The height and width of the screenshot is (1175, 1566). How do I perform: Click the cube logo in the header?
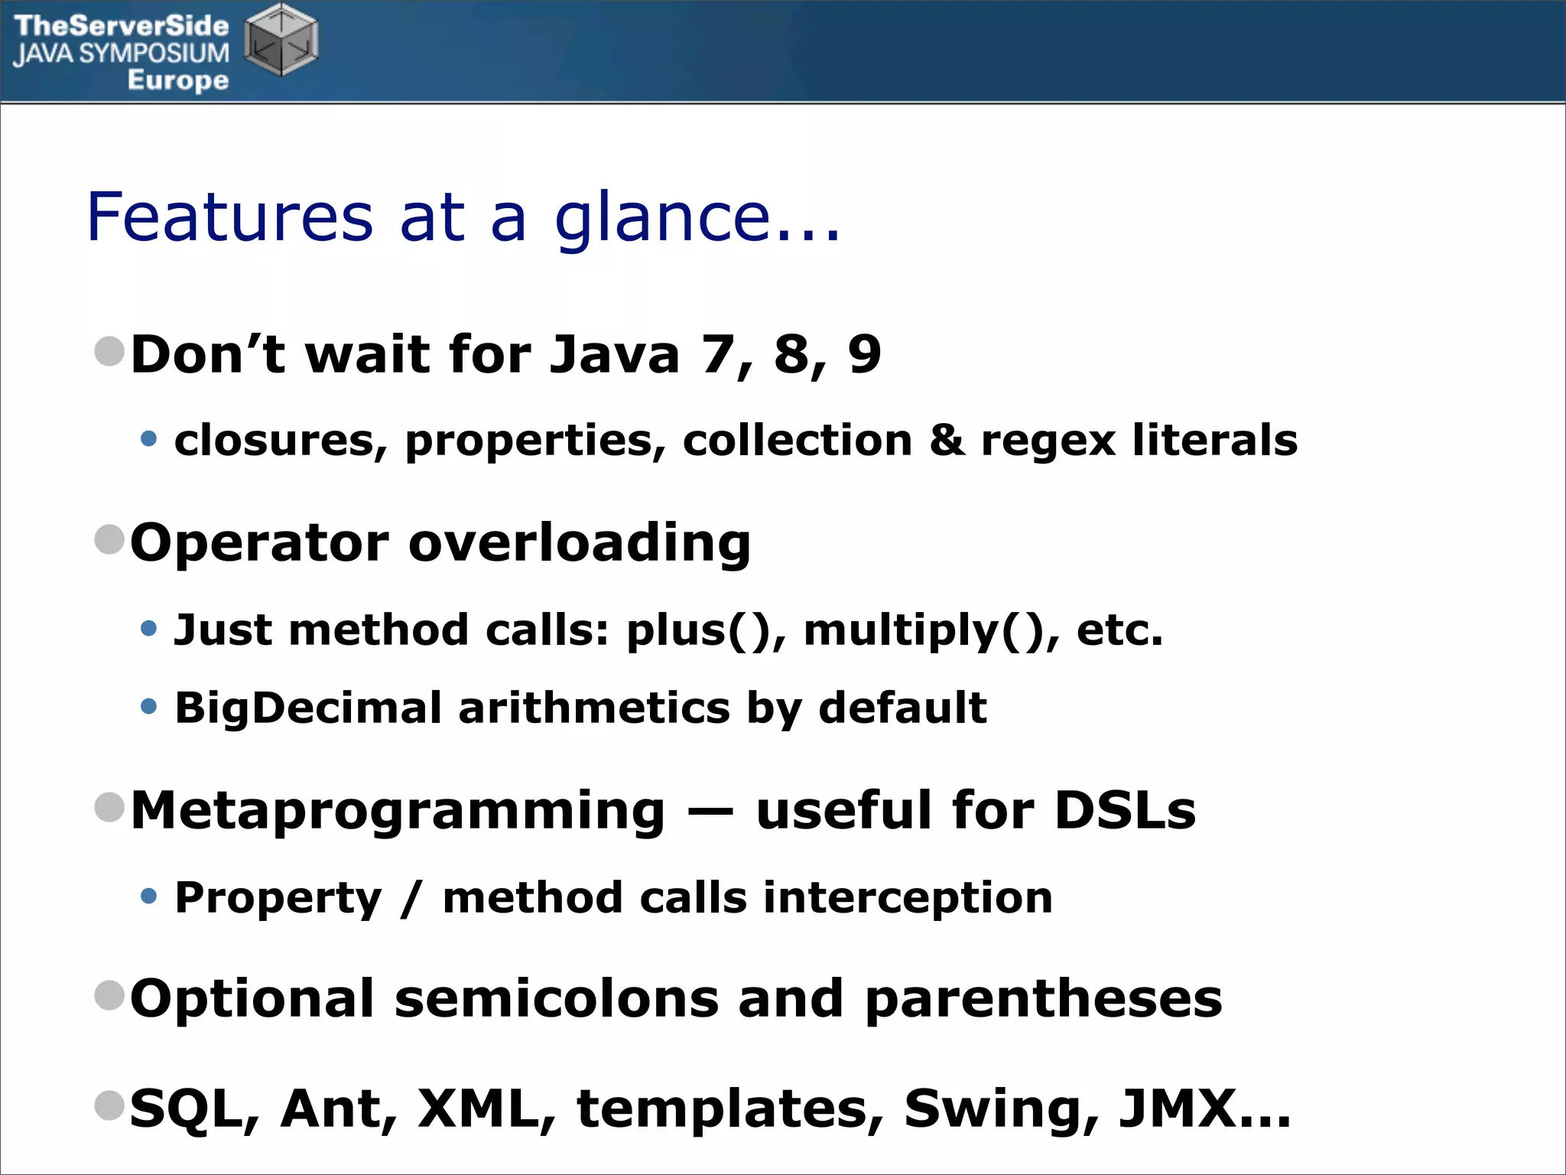tap(281, 40)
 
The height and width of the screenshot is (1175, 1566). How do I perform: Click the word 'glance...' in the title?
tap(697, 219)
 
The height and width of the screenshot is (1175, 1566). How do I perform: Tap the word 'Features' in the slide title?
tap(230, 217)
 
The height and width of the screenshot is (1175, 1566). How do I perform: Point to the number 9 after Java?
tap(864, 355)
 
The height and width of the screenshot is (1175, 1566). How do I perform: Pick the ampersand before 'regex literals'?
tap(947, 441)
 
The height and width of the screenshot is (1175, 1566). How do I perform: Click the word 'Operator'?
tap(259, 543)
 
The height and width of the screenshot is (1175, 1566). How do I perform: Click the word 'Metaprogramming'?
tap(398, 811)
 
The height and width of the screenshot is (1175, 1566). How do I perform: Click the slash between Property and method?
tap(411, 898)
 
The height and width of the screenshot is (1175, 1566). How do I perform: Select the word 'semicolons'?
tap(557, 999)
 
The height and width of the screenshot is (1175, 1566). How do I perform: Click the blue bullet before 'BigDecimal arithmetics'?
tap(149, 706)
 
